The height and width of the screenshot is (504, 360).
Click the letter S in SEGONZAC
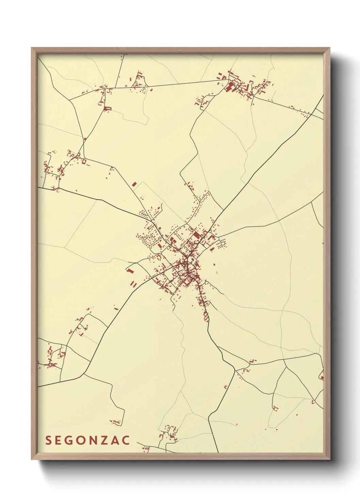(x=48, y=440)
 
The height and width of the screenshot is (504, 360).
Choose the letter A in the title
(x=116, y=440)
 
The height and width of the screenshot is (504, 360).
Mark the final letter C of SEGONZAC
(x=126, y=440)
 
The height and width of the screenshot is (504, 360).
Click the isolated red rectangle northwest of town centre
(x=134, y=184)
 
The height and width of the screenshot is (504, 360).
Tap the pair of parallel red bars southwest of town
(x=133, y=284)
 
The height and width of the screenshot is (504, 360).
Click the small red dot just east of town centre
(x=214, y=264)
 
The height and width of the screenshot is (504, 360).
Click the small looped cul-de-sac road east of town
(x=223, y=243)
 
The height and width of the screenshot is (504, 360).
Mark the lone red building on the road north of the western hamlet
(x=85, y=139)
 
